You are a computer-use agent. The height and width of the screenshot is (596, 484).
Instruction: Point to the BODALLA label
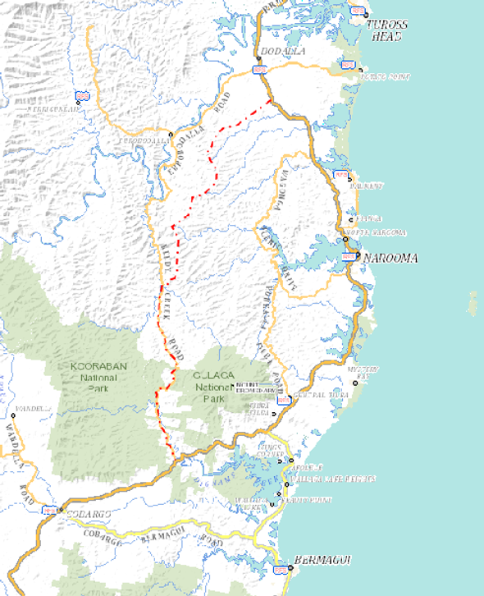pos(271,52)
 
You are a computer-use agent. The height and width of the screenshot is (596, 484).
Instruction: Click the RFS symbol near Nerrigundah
pos(82,95)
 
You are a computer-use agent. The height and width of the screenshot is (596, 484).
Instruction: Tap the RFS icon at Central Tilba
pos(284,400)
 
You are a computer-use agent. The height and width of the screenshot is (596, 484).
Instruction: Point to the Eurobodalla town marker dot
pos(171,134)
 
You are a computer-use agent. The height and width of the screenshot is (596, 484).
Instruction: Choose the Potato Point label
pos(389,77)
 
